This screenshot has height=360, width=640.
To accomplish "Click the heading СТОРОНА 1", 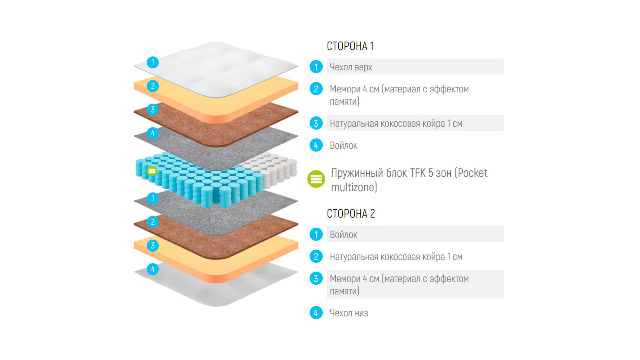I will tap(350, 46).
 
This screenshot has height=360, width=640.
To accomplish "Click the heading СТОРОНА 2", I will tap(351, 214).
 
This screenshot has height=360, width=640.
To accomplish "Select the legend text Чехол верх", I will tap(351, 67).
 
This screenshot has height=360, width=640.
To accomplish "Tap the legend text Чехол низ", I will tap(349, 313).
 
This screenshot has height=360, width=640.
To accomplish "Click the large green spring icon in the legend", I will tap(316, 179).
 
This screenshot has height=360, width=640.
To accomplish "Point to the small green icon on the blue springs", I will tap(152, 171).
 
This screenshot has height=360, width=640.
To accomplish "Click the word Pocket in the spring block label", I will tap(472, 173).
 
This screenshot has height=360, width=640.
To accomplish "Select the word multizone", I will tap(354, 187).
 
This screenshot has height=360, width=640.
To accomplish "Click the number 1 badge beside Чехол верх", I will tap(316, 67).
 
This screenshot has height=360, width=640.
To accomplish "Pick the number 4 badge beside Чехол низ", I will tap(316, 313).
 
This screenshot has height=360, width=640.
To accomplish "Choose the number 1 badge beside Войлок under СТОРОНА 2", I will tap(316, 234).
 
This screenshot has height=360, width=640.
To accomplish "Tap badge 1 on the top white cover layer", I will tap(153, 62).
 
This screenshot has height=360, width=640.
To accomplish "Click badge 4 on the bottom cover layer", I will tap(153, 269).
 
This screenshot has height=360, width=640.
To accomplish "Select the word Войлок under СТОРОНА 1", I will tap(344, 146).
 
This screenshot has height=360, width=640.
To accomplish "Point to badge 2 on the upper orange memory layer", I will tap(153, 86).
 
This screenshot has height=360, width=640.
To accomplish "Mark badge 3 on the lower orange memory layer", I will tap(153, 246).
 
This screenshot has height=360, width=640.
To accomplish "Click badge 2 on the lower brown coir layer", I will tap(153, 222).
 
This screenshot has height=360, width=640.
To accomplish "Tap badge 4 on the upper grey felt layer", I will tap(153, 133).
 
